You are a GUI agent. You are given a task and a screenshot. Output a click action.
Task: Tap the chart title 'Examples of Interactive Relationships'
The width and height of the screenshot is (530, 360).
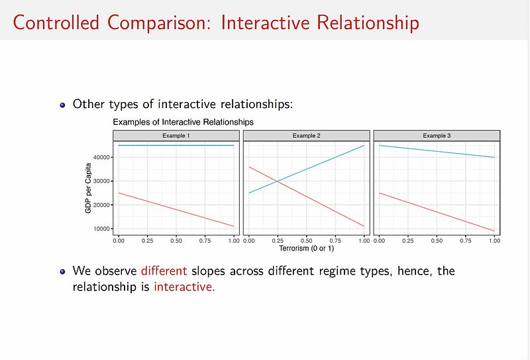(x=183, y=123)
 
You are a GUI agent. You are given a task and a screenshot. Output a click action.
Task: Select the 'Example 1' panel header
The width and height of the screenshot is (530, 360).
(x=176, y=135)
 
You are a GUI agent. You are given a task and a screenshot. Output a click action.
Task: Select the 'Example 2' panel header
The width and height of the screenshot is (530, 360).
(x=306, y=135)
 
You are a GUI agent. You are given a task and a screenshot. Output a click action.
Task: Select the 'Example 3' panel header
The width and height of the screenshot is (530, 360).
(x=437, y=135)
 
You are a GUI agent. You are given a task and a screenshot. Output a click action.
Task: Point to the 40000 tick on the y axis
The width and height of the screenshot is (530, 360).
(x=103, y=157)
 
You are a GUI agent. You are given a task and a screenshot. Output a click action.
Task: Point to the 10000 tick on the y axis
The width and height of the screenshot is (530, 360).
(x=103, y=229)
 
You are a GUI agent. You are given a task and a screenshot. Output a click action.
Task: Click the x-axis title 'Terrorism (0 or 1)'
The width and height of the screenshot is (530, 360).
(x=306, y=249)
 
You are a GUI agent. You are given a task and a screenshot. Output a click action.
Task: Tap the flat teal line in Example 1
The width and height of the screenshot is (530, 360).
(x=176, y=145)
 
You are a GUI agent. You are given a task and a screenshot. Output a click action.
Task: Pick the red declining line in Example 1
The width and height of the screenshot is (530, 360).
(x=176, y=210)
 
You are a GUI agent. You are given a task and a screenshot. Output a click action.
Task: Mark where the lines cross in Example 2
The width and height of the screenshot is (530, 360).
(x=278, y=181)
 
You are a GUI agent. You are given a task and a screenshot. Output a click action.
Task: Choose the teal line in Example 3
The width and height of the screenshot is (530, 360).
(x=437, y=151)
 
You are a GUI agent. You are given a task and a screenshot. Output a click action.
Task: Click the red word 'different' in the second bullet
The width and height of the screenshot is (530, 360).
(x=164, y=271)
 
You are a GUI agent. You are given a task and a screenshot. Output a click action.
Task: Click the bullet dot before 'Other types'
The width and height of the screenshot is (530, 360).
(x=64, y=105)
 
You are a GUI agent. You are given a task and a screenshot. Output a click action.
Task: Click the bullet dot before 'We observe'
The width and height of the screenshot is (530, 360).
(x=64, y=271)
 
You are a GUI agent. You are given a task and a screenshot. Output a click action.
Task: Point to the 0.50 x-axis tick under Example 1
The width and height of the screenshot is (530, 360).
(x=176, y=240)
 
